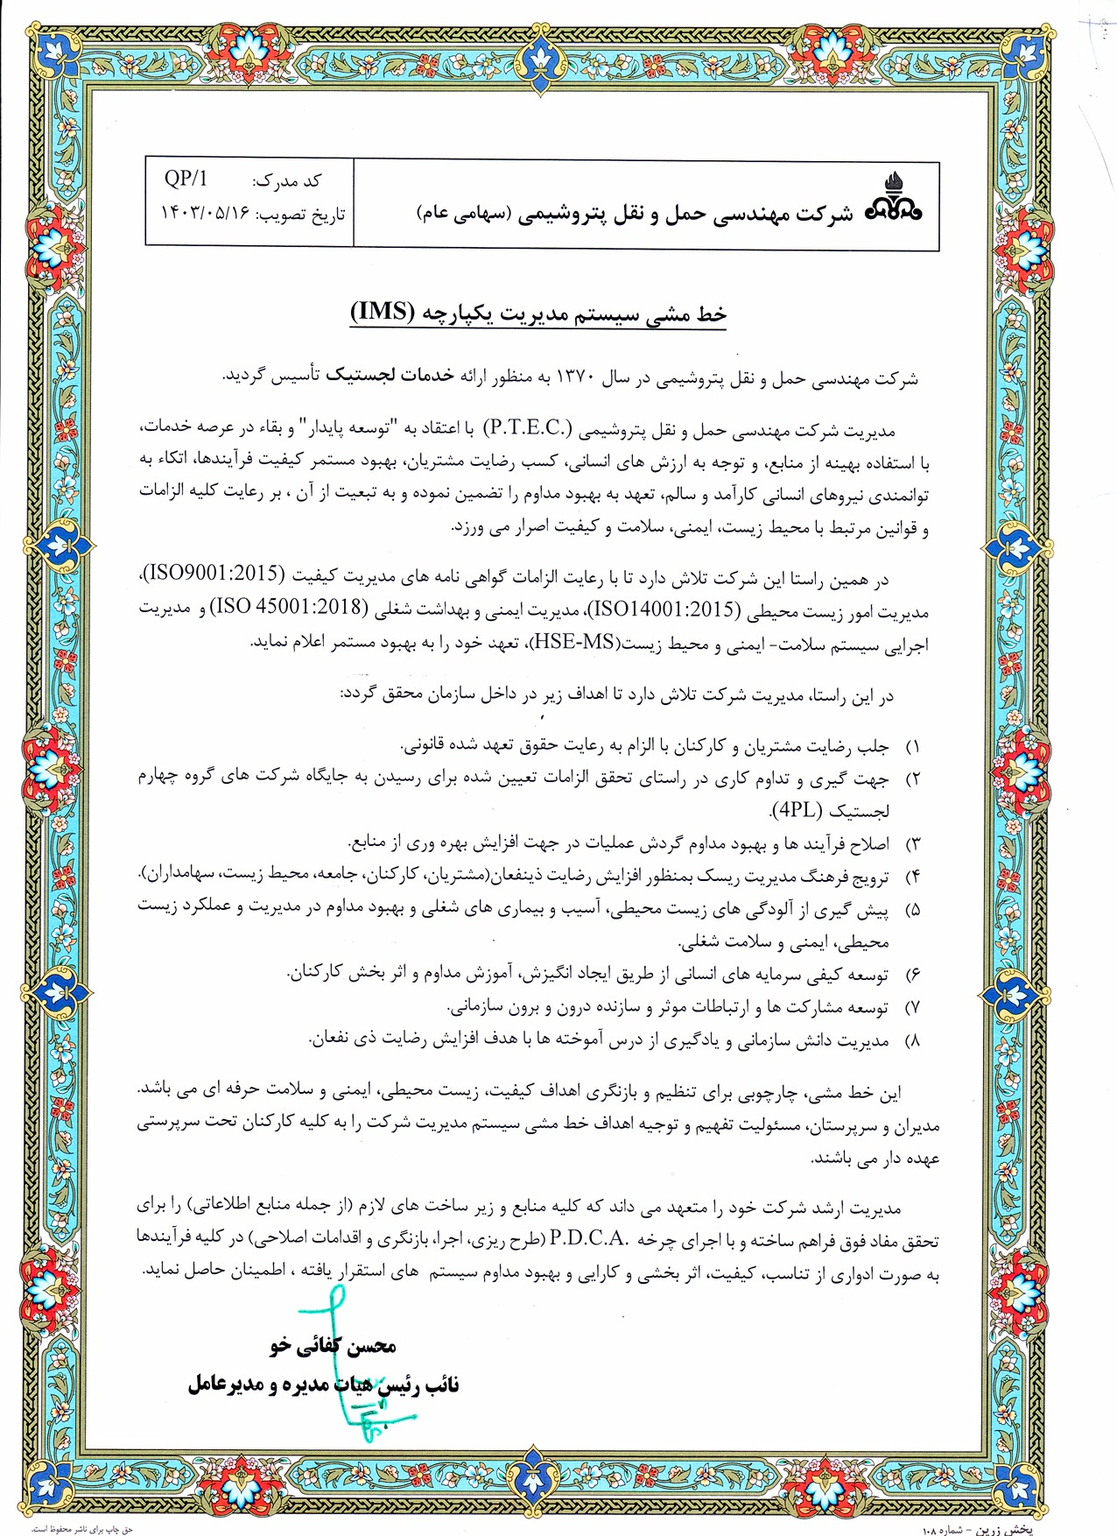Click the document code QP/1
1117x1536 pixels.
186,180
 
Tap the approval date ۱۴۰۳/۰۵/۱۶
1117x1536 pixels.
205,214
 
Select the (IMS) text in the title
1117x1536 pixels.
382,313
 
